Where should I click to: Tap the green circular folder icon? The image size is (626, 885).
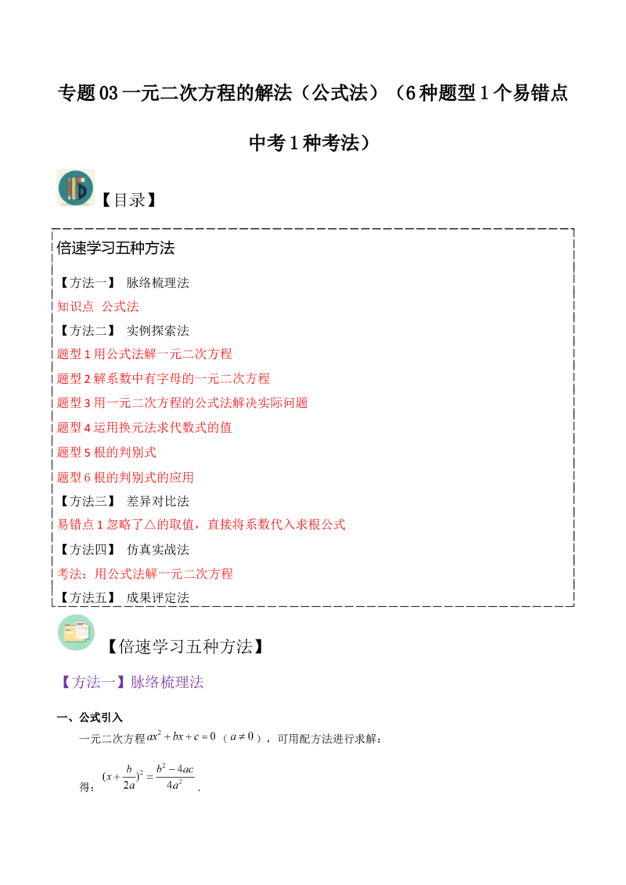[x=75, y=634]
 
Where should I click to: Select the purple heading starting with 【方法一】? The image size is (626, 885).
[x=133, y=683]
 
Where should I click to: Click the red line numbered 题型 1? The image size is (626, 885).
[x=145, y=354]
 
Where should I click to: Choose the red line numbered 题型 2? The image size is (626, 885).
[x=164, y=378]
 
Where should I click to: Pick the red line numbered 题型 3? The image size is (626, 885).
[x=183, y=403]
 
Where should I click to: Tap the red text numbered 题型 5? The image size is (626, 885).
[x=106, y=452]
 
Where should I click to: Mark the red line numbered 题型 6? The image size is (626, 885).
[x=124, y=477]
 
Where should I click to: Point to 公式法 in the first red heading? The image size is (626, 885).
[x=121, y=306]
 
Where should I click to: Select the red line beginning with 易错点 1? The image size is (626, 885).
[x=202, y=525]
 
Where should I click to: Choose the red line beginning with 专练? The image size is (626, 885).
[x=145, y=573]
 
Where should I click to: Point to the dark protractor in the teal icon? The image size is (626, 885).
[x=82, y=190]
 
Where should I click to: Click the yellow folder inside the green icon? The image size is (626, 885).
[x=76, y=634]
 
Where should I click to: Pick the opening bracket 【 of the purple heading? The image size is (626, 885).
[x=67, y=683]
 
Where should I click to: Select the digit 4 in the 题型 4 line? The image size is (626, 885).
[x=86, y=428]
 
